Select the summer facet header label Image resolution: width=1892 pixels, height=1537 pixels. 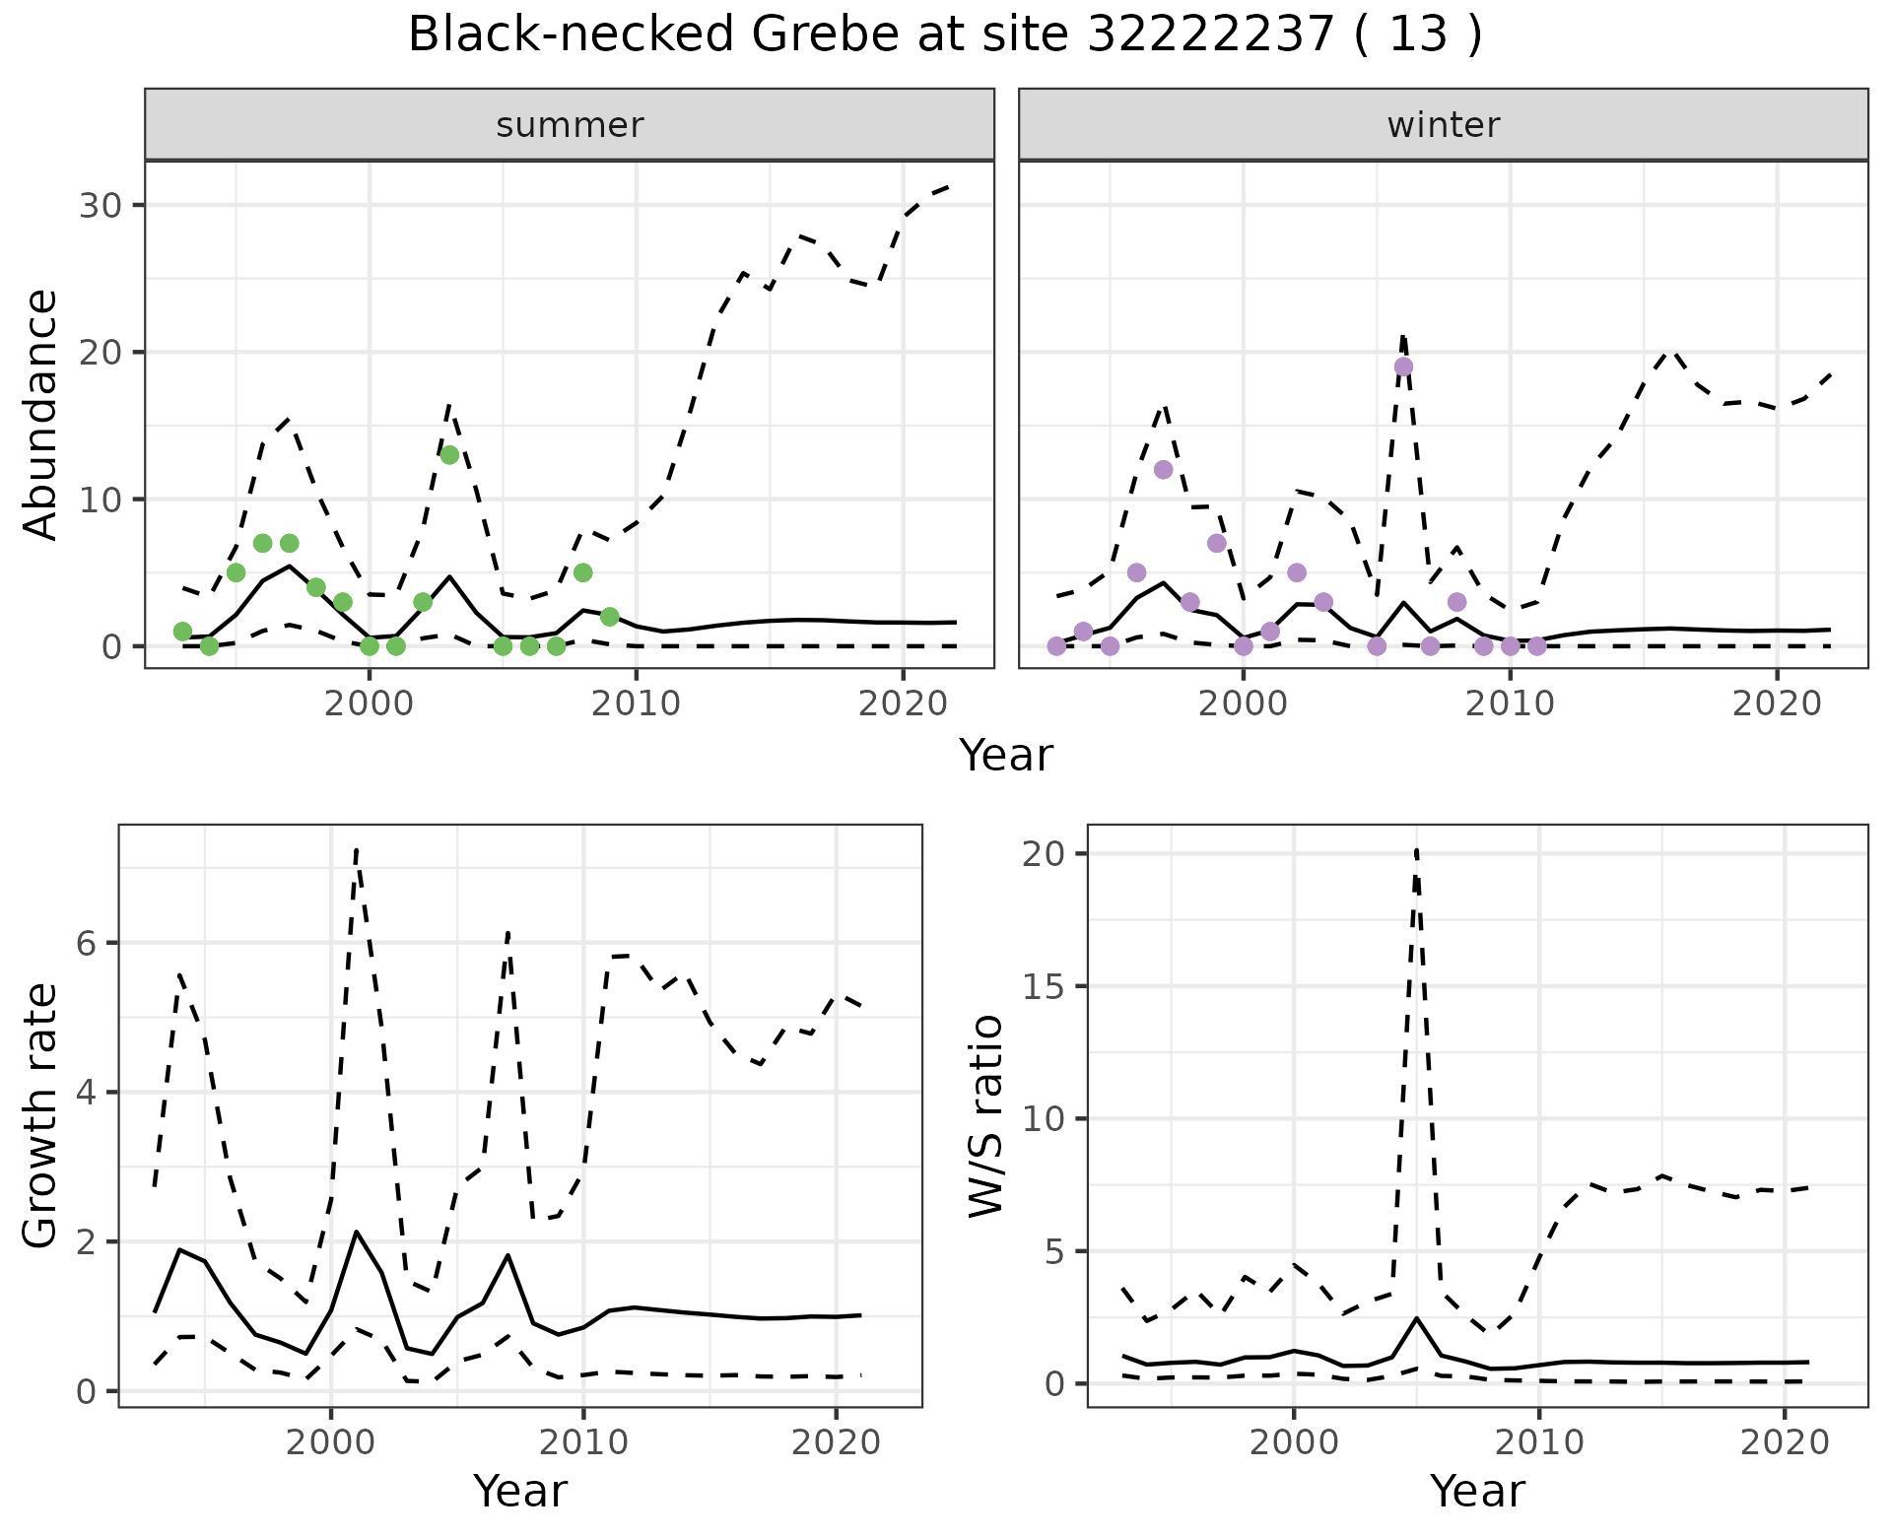(570, 125)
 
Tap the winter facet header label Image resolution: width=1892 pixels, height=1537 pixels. (1443, 125)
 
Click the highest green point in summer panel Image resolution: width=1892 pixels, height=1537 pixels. (449, 455)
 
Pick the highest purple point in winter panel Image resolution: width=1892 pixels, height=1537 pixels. (1403, 367)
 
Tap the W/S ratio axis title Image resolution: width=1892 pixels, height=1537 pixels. (986, 1116)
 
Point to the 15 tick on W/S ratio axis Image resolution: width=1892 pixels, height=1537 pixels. (1047, 986)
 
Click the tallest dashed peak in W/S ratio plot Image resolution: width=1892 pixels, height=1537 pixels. (1416, 849)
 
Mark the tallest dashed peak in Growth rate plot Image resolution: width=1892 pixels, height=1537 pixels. (356, 849)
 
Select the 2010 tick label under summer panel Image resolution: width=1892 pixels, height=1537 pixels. (636, 703)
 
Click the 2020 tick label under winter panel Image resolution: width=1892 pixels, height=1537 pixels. (1776, 703)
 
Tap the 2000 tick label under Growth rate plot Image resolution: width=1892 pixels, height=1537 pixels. (330, 1442)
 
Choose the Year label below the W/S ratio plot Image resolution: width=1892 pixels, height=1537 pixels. (1477, 1491)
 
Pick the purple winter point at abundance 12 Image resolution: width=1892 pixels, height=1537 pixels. (1163, 470)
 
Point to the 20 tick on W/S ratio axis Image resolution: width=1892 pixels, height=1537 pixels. (1047, 853)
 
